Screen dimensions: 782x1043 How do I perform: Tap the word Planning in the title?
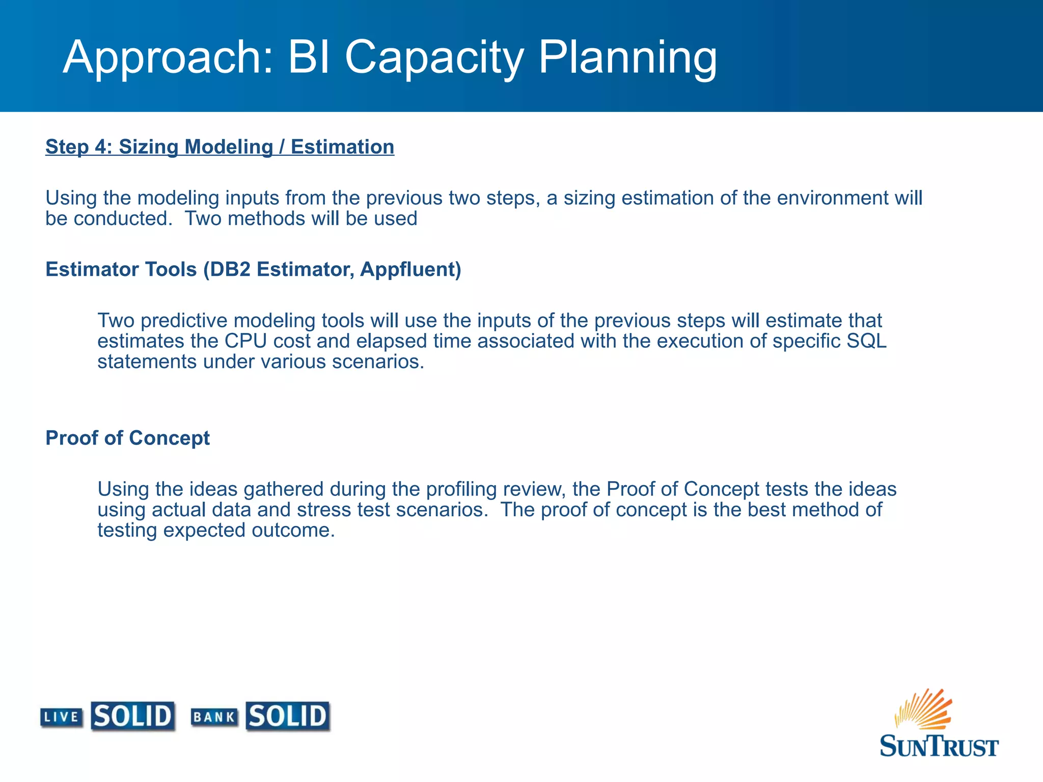627,58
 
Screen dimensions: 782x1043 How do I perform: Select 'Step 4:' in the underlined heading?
79,147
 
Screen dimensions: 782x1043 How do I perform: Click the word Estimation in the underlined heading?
342,147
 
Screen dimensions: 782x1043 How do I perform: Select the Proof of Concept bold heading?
127,438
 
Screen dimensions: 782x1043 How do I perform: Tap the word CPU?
246,341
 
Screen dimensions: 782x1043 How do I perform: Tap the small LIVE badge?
62,717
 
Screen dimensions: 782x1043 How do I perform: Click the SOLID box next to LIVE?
133,716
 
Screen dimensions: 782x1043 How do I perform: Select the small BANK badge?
214,717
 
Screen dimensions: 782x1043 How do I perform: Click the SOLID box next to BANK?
288,716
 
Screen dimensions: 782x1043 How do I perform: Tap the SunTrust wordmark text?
939,746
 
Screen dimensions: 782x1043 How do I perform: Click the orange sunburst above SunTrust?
924,709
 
